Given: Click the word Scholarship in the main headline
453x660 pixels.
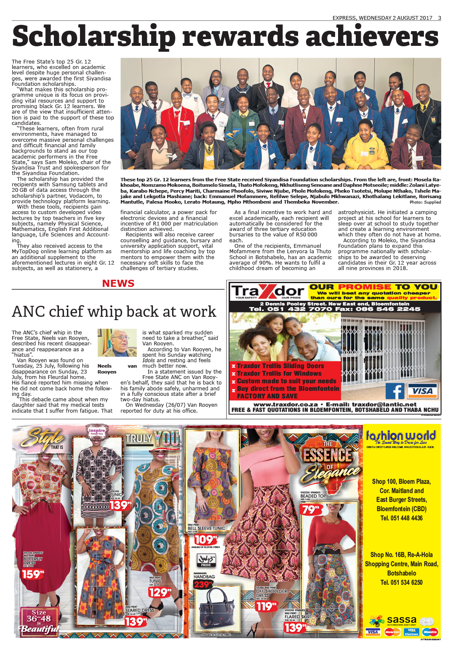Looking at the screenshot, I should point(93,37).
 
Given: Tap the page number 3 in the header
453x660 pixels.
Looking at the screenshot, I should point(440,18).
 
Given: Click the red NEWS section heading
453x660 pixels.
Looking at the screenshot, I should point(118,284).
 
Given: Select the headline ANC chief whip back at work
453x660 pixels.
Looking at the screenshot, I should point(114,312).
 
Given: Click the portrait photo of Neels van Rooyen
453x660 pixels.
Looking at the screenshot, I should point(117,342).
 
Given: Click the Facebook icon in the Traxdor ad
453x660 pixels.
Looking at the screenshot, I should point(395,391).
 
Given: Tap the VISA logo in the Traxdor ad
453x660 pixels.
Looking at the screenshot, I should point(422,391).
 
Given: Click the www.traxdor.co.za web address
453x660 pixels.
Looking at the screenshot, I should point(285,404).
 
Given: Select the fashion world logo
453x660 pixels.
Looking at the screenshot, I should point(401,436).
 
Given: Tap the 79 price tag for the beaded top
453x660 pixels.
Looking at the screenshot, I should point(310,509).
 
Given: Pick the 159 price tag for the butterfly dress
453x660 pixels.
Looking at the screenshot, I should point(33,574).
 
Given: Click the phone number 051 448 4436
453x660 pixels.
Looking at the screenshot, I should point(401,518).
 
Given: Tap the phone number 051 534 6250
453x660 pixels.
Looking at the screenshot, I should point(401,582).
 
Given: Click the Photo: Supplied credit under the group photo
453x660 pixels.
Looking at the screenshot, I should point(425,202).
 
